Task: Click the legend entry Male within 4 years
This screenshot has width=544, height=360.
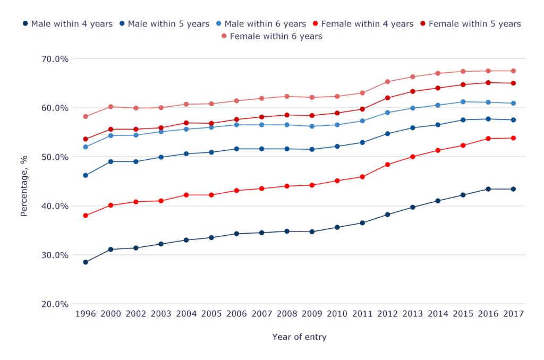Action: click(67, 24)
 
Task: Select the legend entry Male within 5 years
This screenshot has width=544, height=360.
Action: click(165, 24)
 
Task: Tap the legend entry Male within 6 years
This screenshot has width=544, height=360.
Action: click(261, 24)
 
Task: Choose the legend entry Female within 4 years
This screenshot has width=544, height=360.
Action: click(363, 24)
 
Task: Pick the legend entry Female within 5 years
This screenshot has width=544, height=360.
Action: click(470, 24)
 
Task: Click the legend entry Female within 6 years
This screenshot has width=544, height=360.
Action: click(271, 37)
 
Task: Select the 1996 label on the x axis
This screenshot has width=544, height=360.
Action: click(86, 314)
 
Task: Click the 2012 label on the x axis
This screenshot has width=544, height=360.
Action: click(388, 314)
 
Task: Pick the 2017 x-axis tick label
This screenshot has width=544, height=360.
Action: click(513, 314)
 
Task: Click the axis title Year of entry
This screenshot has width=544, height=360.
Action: click(299, 337)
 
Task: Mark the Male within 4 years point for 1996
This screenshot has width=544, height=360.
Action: click(86, 262)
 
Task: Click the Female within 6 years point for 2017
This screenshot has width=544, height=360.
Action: click(513, 71)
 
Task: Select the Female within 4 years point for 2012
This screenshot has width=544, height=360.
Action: click(388, 165)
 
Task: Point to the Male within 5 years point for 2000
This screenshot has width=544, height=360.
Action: click(110, 161)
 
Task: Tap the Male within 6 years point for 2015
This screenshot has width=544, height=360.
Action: click(463, 102)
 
